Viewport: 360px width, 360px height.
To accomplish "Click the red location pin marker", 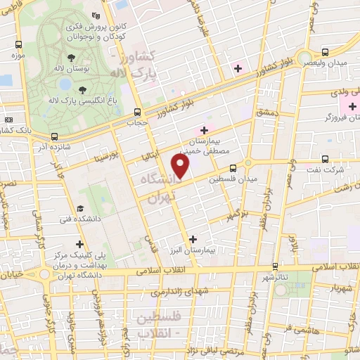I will [x=181, y=167].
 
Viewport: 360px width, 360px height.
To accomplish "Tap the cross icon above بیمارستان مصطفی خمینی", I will [x=205, y=130].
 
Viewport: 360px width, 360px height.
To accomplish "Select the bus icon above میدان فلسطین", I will [x=233, y=167].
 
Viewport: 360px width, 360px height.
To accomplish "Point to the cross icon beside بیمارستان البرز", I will [x=193, y=239].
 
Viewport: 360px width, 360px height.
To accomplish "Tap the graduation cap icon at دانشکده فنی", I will [x=81, y=210].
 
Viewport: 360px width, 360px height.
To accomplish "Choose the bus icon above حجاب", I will [x=138, y=112].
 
